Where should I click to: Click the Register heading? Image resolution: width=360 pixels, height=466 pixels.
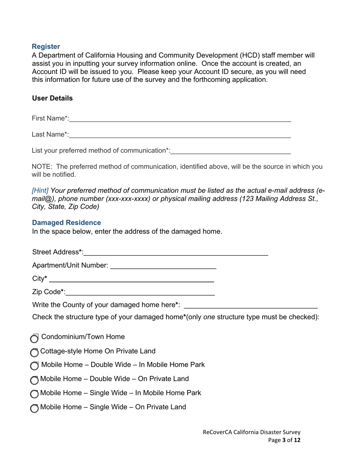pos(46,47)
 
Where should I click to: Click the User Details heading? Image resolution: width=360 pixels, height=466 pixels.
pos(52,98)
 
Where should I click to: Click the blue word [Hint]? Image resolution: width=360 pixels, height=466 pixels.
pos(40,191)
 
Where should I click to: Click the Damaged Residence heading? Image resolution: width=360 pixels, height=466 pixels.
pos(66,223)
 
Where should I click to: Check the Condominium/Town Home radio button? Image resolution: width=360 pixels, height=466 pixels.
pos(34,338)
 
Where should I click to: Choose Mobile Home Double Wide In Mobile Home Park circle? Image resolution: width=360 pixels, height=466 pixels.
pos(34,366)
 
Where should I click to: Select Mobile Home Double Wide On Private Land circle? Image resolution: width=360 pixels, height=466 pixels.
pos(34,380)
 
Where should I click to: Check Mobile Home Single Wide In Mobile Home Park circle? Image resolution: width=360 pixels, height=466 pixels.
pos(34,394)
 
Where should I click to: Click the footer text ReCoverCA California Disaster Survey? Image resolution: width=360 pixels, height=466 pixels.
pos(252,432)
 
